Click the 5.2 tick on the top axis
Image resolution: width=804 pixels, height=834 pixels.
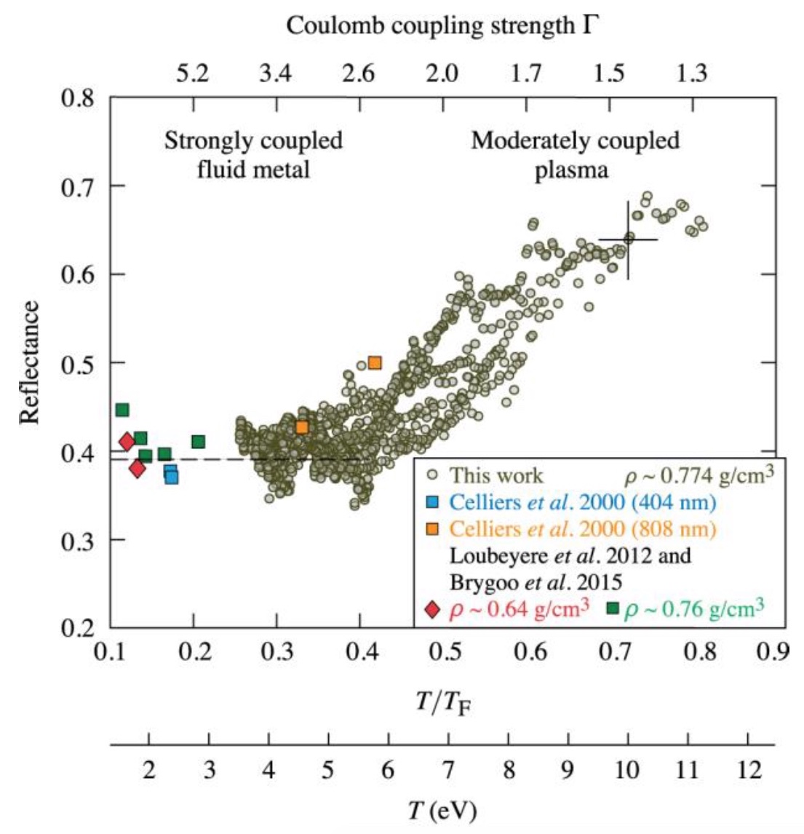click(x=193, y=74)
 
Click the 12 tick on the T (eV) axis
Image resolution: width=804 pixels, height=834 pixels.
click(x=748, y=769)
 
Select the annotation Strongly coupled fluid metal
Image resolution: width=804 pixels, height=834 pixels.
click(x=253, y=155)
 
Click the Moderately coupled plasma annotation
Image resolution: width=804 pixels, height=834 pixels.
click(x=575, y=155)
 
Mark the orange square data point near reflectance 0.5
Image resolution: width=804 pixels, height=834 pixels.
click(x=375, y=362)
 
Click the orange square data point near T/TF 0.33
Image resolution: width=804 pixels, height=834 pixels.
click(x=302, y=427)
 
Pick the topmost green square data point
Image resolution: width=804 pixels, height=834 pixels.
click(x=122, y=410)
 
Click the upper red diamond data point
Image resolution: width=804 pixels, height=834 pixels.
click(x=127, y=441)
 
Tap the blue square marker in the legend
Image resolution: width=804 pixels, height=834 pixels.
click(x=433, y=501)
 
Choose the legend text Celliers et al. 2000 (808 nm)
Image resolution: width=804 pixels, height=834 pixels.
click(x=583, y=528)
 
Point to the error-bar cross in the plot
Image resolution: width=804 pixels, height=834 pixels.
click(x=628, y=239)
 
